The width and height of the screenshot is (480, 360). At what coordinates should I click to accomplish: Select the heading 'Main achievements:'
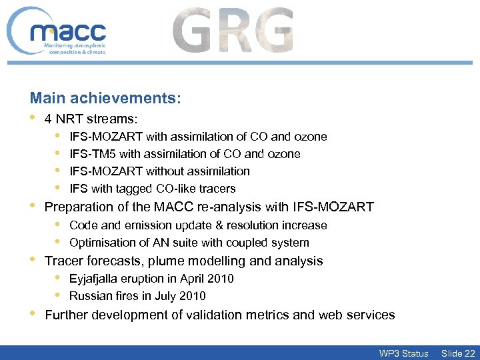[105, 99]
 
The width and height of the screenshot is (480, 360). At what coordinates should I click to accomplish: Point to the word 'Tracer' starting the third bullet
[63, 261]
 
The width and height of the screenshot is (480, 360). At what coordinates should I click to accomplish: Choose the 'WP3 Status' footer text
[403, 353]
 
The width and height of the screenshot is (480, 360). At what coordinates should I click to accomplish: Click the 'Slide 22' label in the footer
[459, 353]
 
